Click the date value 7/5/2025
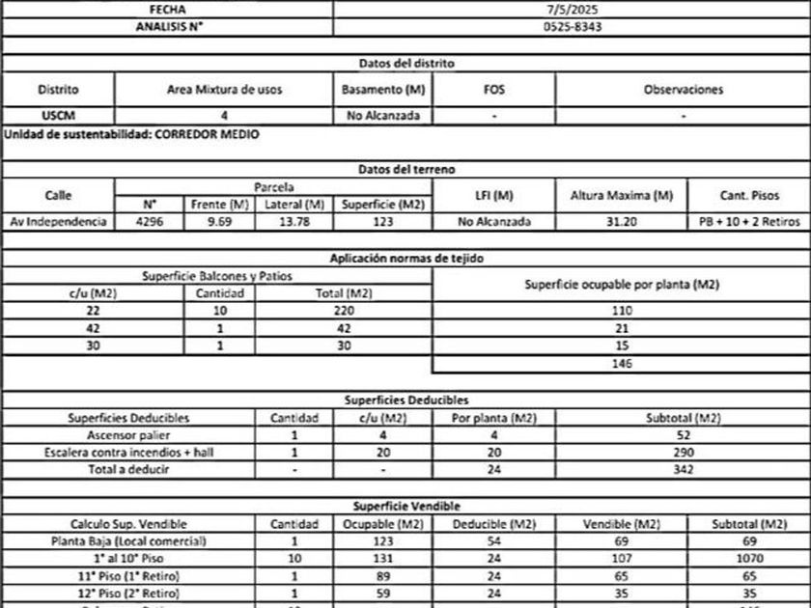[573, 9]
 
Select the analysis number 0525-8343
[573, 26]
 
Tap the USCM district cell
[58, 116]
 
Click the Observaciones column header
[683, 89]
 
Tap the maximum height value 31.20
[621, 222]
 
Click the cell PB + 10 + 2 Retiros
[749, 222]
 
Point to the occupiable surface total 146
[621, 364]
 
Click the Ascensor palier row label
[128, 435]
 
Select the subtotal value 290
[683, 453]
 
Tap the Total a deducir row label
[128, 470]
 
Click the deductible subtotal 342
[683, 470]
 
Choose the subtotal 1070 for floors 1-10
[749, 558]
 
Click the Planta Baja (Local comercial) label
[128, 540]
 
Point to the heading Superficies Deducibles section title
[406, 400]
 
